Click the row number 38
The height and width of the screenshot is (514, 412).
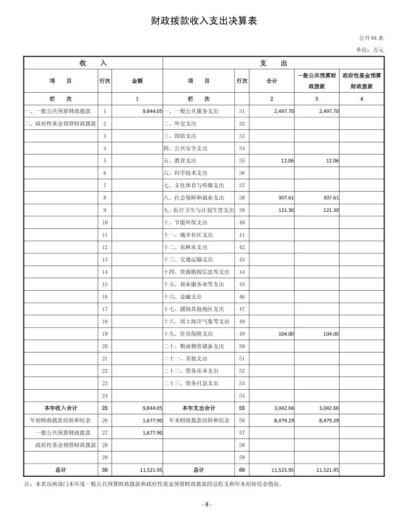tap(241, 197)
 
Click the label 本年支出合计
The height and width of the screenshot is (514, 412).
tap(198, 407)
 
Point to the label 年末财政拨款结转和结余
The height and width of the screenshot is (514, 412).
tap(198, 420)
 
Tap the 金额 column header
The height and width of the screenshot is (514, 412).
tap(137, 81)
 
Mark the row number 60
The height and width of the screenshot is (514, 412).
tap(241, 469)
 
